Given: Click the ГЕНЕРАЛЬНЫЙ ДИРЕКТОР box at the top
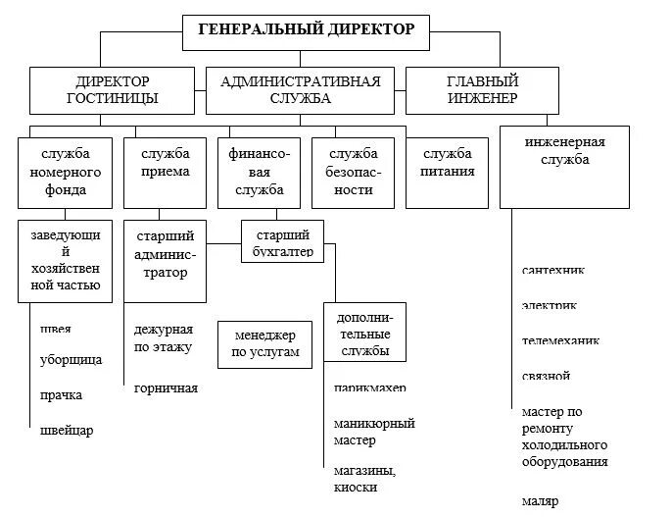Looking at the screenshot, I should pos(307,30).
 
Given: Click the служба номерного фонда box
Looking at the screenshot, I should pos(66,172).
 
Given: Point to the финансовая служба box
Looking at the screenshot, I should pos(260,172).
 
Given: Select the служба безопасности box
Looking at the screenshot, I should pos(353,172).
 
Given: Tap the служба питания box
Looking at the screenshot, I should pos(448,172).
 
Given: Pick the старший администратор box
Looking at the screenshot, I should pos(165,260).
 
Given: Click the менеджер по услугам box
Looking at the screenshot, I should pos(264,344).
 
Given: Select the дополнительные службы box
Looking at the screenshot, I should pos(363,335).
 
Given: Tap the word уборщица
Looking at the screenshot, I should pos(71,360).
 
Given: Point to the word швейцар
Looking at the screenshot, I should pos(67,431).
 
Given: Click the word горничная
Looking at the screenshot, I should pos(166,388).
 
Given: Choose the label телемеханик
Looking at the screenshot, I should pos(560,341).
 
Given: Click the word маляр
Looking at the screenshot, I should pos(540,502).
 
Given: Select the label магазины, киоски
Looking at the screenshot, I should pos(363,479).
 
